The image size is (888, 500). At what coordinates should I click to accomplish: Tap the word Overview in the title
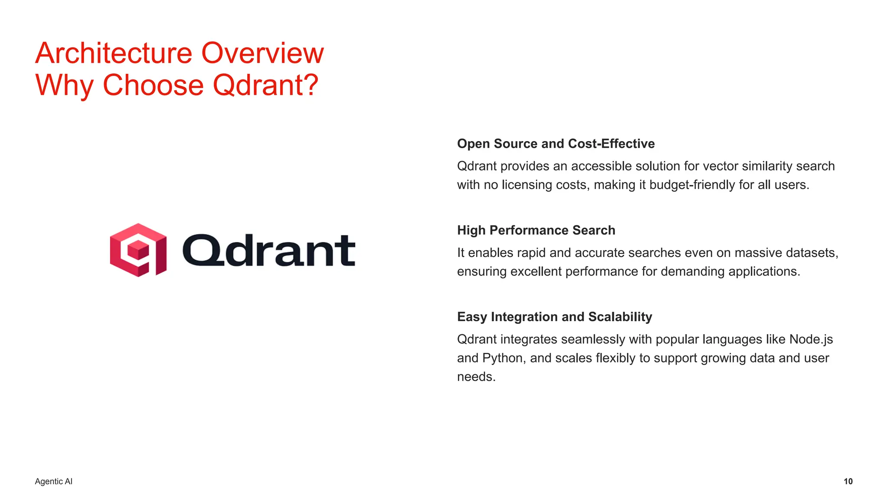point(262,53)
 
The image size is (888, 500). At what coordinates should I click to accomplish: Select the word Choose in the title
point(153,85)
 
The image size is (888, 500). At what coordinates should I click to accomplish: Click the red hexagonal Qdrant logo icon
point(138,250)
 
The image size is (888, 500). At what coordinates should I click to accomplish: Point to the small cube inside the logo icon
point(138,250)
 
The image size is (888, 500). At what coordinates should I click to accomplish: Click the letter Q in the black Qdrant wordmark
point(203,250)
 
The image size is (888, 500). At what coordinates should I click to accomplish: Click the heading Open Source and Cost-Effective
point(555,144)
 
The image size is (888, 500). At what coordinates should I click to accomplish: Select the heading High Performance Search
point(536,230)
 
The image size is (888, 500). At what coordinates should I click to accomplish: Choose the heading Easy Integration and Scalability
point(554,317)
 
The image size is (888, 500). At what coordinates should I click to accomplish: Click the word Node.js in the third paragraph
point(811,339)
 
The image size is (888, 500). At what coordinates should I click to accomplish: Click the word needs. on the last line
point(476,377)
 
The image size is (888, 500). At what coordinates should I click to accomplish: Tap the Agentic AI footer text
point(54,481)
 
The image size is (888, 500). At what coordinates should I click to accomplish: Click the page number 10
point(848,481)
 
